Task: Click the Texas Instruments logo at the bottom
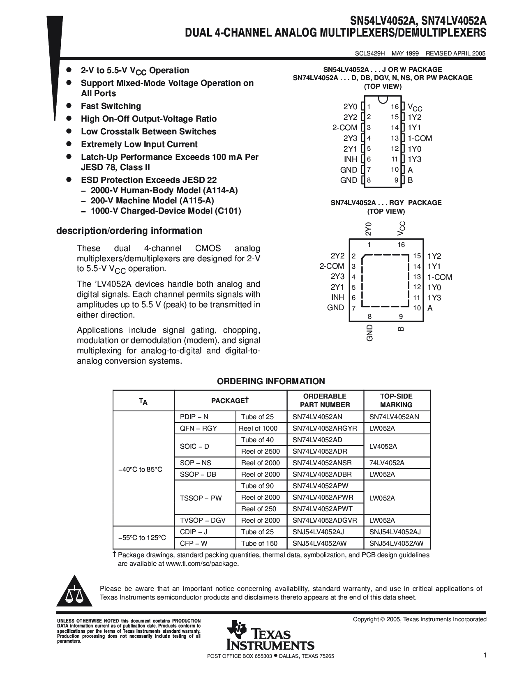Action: (x=270, y=635)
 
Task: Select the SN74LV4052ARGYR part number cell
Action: (x=325, y=428)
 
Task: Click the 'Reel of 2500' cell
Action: (x=261, y=451)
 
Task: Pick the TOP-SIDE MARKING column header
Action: (x=396, y=400)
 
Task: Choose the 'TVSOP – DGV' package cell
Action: (x=203, y=520)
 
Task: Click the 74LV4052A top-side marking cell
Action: (x=387, y=463)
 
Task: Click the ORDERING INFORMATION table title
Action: (x=271, y=381)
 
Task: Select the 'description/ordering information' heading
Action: (x=129, y=231)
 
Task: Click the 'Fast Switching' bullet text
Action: (x=111, y=106)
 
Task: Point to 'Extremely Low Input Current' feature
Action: (x=139, y=144)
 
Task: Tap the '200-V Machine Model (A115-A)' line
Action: (x=152, y=201)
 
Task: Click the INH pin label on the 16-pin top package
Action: (x=351, y=159)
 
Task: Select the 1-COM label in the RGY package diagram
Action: (x=440, y=277)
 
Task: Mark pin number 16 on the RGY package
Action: (x=401, y=245)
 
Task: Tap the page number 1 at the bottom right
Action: (x=485, y=656)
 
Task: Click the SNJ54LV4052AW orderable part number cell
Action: (x=320, y=543)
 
